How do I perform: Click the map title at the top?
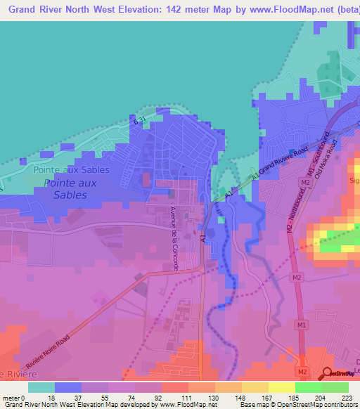pos(180,10)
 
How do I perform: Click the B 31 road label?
pos(139,122)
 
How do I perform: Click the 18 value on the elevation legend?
pos(50,397)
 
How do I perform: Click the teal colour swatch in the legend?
pos(41,387)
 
